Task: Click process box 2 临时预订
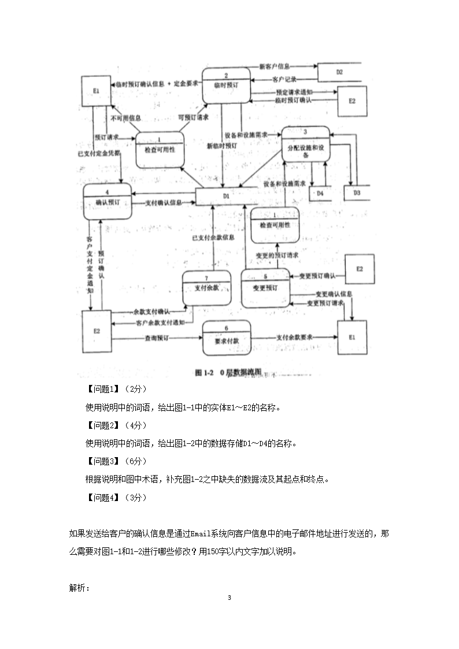tap(226, 85)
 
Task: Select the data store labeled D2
tap(339, 72)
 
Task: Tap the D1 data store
tap(226, 196)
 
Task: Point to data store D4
tap(320, 193)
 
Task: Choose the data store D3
tap(357, 193)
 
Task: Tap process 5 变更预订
tap(265, 287)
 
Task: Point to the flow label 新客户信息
tap(275, 66)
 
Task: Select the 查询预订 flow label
tap(156, 338)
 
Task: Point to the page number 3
tap(229, 597)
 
